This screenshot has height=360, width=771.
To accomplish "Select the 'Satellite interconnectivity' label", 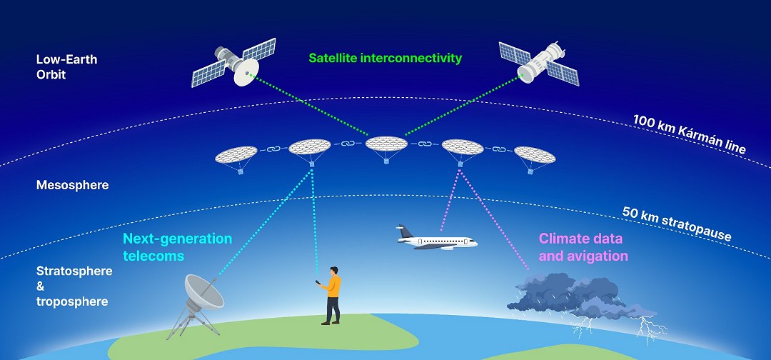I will pyautogui.click(x=385, y=58).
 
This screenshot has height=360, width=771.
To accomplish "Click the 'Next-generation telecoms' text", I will pyautogui.click(x=177, y=247).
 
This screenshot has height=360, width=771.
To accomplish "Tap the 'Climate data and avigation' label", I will pyautogui.click(x=583, y=247).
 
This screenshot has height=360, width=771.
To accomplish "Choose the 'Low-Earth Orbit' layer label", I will pyautogui.click(x=66, y=66).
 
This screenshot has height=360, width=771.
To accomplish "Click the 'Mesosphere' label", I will pyautogui.click(x=72, y=185).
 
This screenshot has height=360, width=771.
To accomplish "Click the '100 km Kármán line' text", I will pyautogui.click(x=689, y=133).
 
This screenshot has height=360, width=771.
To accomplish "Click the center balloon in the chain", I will pyautogui.click(x=386, y=145).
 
